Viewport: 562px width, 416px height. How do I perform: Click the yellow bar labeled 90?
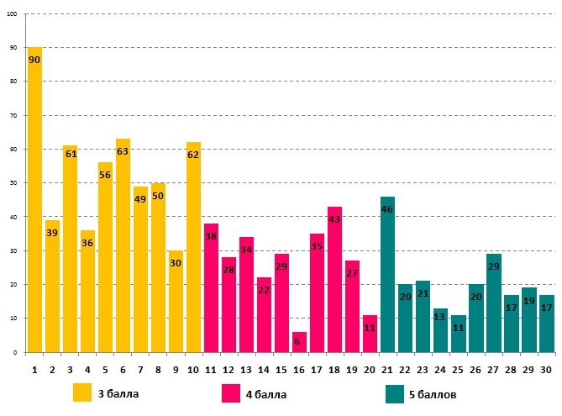34,202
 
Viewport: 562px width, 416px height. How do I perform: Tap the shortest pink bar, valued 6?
299,342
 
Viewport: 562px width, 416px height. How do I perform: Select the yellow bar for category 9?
176,302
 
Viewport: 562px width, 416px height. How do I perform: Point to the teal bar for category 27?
493,303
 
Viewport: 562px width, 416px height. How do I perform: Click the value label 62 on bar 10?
193,155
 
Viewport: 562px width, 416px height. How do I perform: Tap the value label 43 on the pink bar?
334,219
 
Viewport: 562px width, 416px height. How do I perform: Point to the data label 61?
70,154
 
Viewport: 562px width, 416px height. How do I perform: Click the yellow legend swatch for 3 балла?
82,393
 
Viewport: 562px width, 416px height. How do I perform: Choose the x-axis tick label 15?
281,369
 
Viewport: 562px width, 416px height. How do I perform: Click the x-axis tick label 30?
546,369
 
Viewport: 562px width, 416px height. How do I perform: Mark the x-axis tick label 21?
387,369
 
